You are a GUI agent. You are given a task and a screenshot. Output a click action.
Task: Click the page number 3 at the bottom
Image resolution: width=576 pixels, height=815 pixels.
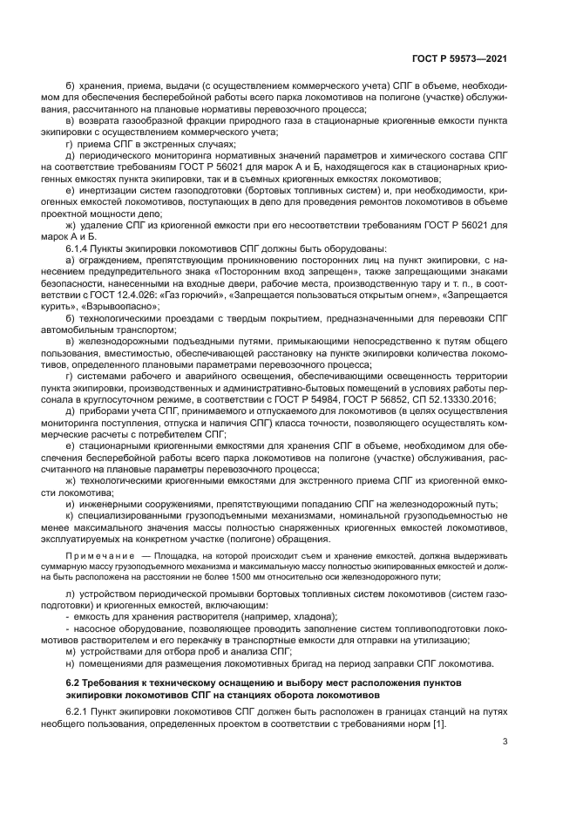[x=505, y=742]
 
